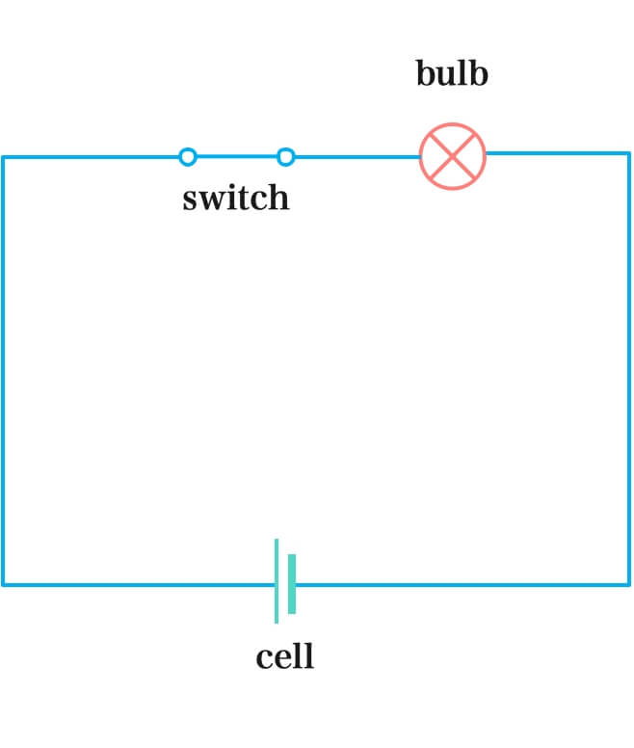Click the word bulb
pos(452,74)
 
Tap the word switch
pos(235,198)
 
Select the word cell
pos(284,657)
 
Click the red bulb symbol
pos(453,156)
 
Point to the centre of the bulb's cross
pos(453,156)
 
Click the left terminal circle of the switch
pos(188,156)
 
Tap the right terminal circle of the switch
pos(285,156)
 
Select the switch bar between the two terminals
pos(236,156)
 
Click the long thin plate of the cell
pos(277,580)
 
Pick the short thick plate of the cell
pos(292,583)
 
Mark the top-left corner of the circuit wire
pos(3,156)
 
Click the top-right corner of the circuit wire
pos(629,153)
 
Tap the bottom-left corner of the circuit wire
pos(3,583)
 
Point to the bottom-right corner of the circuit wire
pos(629,583)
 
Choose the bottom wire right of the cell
pos(462,583)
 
